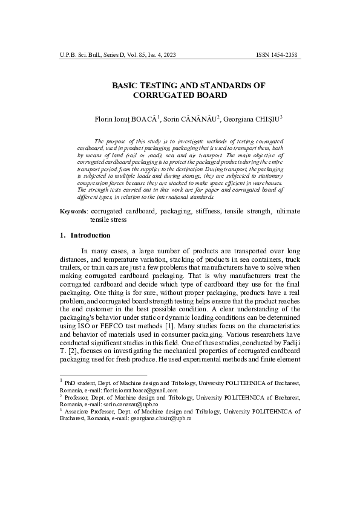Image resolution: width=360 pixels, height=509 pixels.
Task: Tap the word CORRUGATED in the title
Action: [x=162, y=96]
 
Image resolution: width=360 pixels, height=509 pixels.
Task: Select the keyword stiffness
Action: [x=209, y=212]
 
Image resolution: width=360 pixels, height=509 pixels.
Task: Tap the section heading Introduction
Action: [x=90, y=235]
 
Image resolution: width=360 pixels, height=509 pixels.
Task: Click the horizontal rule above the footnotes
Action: [x=103, y=375]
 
